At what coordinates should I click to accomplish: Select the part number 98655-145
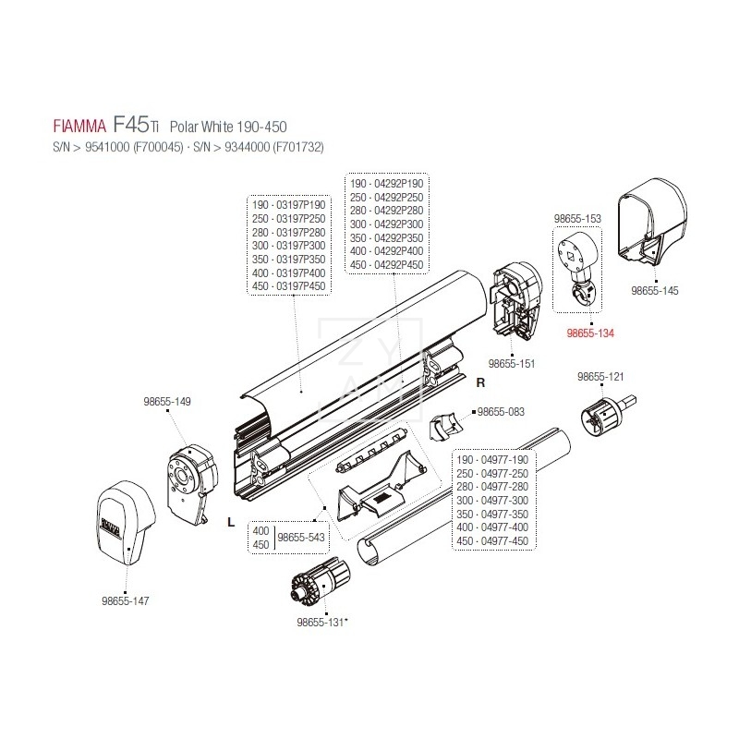point(654,290)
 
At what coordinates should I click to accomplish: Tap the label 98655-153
point(577,218)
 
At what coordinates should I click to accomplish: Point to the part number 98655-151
point(511,363)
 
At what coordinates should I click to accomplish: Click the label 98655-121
point(600,377)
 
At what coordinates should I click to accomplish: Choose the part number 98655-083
point(502,411)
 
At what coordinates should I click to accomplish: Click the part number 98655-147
point(125,600)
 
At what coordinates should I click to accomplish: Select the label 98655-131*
point(321,623)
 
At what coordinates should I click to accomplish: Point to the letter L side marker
point(229,521)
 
